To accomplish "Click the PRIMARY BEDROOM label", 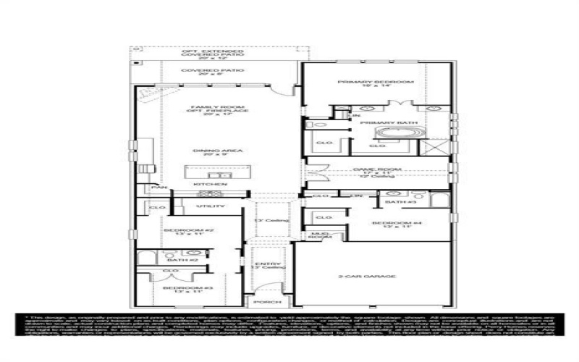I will click(376, 82).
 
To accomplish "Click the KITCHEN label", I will click(206, 185).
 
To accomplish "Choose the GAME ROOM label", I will click(376, 169).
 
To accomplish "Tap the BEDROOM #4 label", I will click(391, 223).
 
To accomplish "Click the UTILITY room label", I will click(206, 206).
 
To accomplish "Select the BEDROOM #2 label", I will click(181, 231).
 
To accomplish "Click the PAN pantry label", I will click(155, 187).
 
